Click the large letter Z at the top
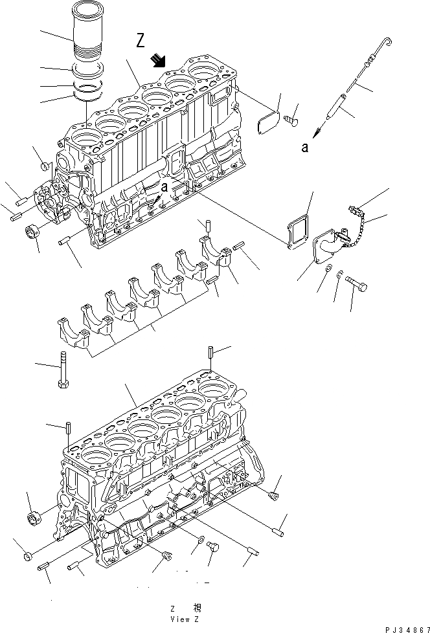click(x=141, y=42)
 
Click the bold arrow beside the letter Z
click(x=157, y=61)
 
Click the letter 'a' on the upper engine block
click(x=164, y=186)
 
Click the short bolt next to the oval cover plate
click(x=291, y=118)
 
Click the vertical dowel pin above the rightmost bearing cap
click(x=209, y=227)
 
